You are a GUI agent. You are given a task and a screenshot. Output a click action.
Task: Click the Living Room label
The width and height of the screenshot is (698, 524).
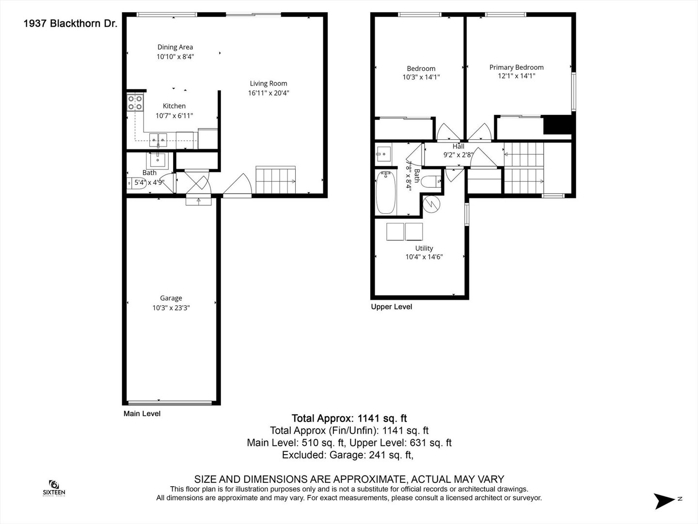tap(269, 83)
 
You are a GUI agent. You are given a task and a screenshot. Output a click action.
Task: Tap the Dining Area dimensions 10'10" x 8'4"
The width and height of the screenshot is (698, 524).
tap(175, 57)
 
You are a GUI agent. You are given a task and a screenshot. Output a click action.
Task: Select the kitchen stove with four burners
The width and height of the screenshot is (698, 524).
tap(135, 102)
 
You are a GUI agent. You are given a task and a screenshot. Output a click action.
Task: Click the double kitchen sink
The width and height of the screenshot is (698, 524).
tap(158, 140)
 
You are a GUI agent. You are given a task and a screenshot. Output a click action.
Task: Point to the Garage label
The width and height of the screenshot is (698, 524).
tap(171, 298)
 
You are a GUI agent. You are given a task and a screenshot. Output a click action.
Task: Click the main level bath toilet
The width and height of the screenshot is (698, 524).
tap(136, 183)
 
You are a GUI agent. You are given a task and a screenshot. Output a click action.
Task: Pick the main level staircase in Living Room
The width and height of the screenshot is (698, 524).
tap(276, 180)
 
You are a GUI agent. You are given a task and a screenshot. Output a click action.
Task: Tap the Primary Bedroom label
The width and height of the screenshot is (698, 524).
tap(516, 67)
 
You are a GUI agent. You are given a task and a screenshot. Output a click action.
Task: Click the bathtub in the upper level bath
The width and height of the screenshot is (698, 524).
tap(386, 192)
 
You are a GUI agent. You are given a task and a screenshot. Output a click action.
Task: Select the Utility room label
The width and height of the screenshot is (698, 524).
tap(424, 248)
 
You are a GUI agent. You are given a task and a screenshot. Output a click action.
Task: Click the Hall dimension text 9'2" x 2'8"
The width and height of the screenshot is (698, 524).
tap(459, 155)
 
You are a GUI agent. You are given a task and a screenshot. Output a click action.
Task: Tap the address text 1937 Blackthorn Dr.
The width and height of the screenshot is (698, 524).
tap(70, 24)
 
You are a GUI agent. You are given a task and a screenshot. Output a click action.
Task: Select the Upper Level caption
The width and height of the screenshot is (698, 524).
tap(392, 307)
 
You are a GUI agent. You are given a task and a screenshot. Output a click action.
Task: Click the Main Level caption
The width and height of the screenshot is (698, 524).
tap(142, 413)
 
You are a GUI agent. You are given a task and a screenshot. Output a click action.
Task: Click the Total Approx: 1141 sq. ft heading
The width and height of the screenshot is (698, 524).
tap(349, 418)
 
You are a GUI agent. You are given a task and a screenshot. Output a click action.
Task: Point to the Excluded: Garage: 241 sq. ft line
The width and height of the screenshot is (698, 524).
tap(348, 455)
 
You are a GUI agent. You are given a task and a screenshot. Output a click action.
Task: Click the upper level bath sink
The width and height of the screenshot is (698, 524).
tap(384, 154)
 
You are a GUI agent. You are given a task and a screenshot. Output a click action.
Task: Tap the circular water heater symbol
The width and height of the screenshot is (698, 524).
tap(431, 204)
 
